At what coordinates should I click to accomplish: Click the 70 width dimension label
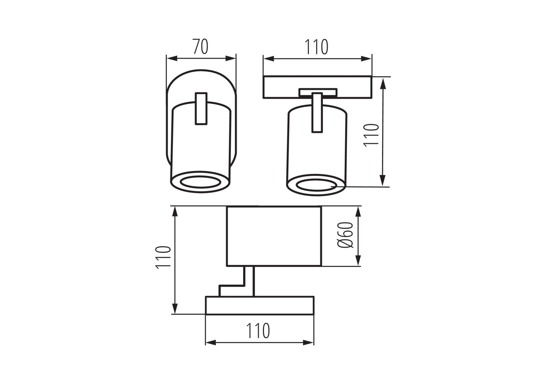(x=200, y=47)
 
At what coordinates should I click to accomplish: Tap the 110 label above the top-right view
(x=316, y=47)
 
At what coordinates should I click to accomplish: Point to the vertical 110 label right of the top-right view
(x=372, y=135)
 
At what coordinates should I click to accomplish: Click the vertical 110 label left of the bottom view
(x=164, y=257)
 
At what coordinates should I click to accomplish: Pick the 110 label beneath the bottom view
(x=258, y=331)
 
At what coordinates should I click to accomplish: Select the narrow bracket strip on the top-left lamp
(x=201, y=109)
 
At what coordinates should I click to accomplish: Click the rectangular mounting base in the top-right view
(x=317, y=87)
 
